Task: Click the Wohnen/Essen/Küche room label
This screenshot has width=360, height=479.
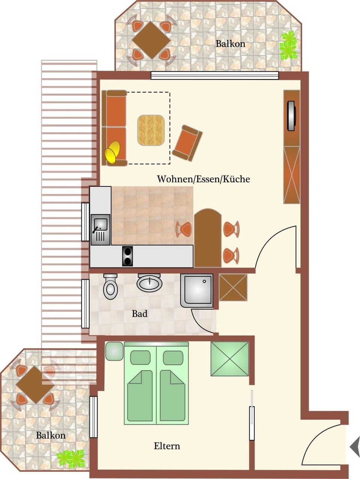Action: coord(203,179)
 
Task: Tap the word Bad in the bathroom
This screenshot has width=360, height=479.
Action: coord(139,314)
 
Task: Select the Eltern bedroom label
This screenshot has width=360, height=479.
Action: coord(167,446)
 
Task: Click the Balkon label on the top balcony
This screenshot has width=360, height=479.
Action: coord(230,44)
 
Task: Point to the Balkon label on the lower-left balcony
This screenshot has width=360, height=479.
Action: coord(51,435)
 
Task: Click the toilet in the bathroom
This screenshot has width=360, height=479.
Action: coord(110,287)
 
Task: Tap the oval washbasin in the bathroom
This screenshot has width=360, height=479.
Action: coord(150,283)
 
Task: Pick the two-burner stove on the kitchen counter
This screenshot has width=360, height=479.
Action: coord(128,257)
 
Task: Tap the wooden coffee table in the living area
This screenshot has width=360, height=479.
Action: coord(151,130)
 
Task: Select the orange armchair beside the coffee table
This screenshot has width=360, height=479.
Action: coord(187,143)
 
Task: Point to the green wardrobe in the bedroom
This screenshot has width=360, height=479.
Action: coord(230,359)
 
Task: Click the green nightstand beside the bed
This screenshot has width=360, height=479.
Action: coord(114,351)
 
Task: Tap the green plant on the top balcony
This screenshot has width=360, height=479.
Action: coord(288,45)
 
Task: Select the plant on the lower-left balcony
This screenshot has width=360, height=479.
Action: coord(70,458)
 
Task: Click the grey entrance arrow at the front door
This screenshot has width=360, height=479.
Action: coord(355,446)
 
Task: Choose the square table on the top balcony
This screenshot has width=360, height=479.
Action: coord(151,40)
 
